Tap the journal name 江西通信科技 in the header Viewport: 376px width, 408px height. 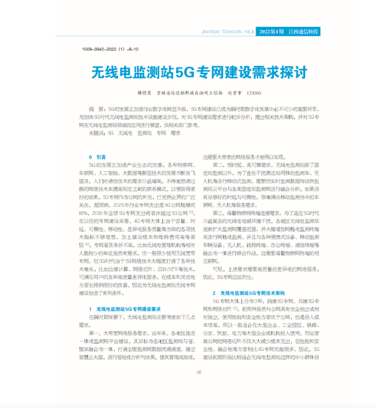pyautogui.click(x=304, y=32)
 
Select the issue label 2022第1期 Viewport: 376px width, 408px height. pyautogui.click(x=272, y=32)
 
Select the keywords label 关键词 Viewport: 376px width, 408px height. pyautogui.click(x=97, y=133)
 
